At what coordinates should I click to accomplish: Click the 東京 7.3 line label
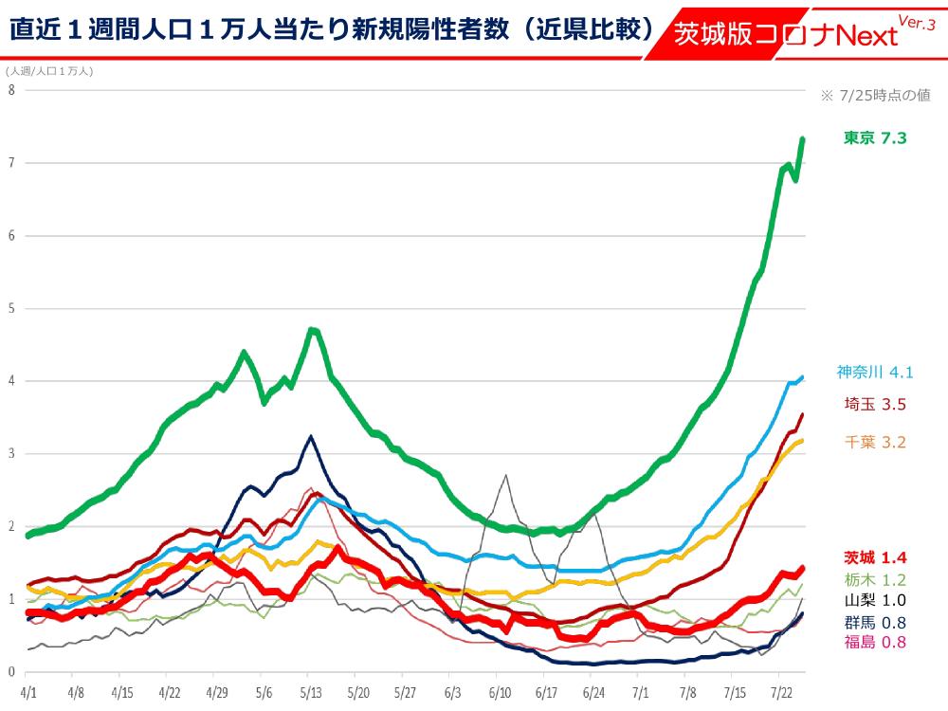(x=874, y=138)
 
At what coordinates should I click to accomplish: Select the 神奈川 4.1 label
(x=873, y=373)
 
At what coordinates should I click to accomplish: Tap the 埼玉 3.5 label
(x=874, y=405)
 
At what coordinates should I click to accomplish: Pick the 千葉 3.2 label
(x=874, y=441)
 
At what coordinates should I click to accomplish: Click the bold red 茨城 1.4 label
(x=874, y=557)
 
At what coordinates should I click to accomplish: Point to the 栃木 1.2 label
(x=874, y=578)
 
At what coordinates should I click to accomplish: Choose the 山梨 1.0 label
(x=874, y=600)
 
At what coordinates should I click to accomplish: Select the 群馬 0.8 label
(x=874, y=622)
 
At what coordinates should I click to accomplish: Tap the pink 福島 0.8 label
(x=874, y=642)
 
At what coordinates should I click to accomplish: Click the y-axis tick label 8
(x=11, y=90)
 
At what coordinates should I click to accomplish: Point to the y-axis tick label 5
(x=11, y=308)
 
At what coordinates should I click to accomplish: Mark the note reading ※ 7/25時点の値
(x=874, y=95)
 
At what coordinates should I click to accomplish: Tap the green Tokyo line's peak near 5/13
(x=313, y=330)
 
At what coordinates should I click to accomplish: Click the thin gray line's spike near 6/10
(x=506, y=475)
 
